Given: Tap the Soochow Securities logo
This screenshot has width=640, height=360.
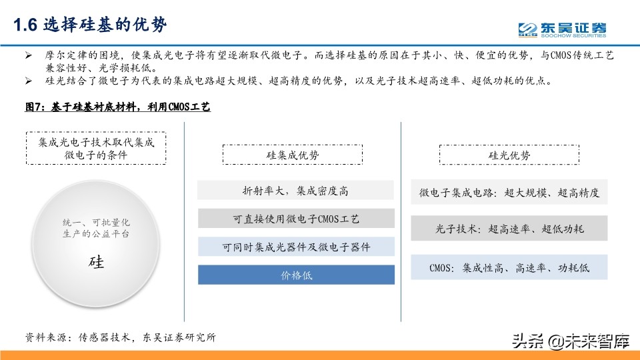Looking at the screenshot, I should tap(563, 29).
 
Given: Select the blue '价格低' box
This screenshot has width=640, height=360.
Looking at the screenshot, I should tap(296, 275).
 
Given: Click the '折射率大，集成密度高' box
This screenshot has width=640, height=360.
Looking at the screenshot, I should tap(296, 191).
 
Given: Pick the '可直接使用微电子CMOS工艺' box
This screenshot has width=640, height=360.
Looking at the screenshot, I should tap(296, 219).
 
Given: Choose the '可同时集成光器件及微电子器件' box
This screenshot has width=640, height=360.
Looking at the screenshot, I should tap(296, 247).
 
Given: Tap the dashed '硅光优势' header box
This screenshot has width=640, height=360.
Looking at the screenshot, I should tap(509, 155).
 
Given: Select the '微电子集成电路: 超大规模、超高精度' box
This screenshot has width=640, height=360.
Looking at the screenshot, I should tap(509, 193).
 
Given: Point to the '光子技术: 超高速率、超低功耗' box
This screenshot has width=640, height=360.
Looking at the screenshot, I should tap(509, 229).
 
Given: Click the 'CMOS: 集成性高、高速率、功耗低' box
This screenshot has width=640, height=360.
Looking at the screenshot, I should tap(509, 267).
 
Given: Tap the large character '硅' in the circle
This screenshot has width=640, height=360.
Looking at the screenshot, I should tap(96, 261).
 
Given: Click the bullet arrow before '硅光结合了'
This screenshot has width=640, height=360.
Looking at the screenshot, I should tap(28, 82).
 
